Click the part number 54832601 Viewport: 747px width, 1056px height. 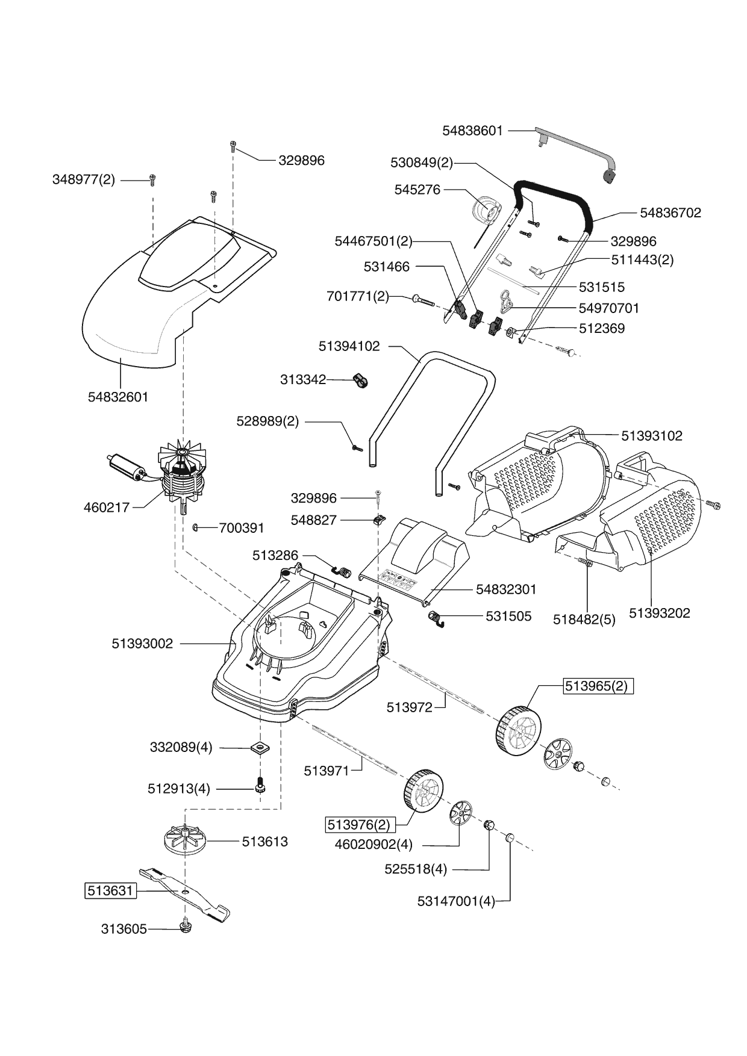tap(118, 397)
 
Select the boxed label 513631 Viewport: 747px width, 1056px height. tap(110, 890)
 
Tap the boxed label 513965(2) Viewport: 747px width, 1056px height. tap(598, 686)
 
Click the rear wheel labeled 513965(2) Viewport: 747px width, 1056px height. tap(517, 730)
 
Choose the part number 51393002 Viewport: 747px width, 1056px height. tap(142, 644)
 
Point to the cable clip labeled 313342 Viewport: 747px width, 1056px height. tap(360, 381)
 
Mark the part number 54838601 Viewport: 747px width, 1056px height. tap(472, 130)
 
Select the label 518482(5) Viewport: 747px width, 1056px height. tap(584, 620)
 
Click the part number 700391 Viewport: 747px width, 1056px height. tap(242, 528)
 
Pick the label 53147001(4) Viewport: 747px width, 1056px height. tap(456, 901)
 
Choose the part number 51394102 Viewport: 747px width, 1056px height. tap(349, 346)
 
